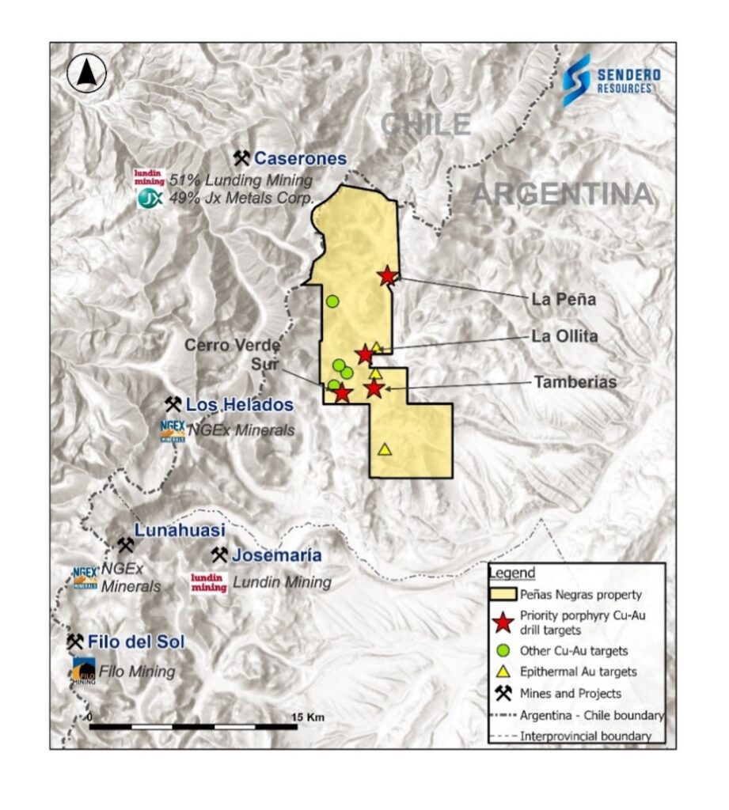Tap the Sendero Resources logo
click(611, 80)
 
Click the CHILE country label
click(425, 124)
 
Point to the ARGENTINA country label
click(562, 194)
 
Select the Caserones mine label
click(300, 159)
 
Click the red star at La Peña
click(387, 275)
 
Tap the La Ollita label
click(564, 335)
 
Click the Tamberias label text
click(575, 382)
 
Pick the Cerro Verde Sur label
click(227, 356)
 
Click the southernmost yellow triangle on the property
click(385, 449)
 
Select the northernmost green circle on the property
click(332, 301)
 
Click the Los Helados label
click(239, 405)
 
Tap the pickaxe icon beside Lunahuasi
click(125, 545)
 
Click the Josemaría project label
click(276, 555)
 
